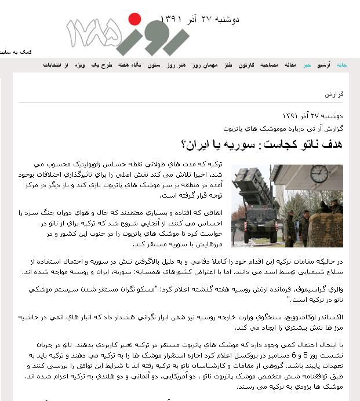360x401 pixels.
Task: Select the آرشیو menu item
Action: point(323,65)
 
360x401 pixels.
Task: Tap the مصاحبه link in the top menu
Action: point(270,65)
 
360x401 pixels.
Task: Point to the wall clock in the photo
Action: point(318,173)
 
